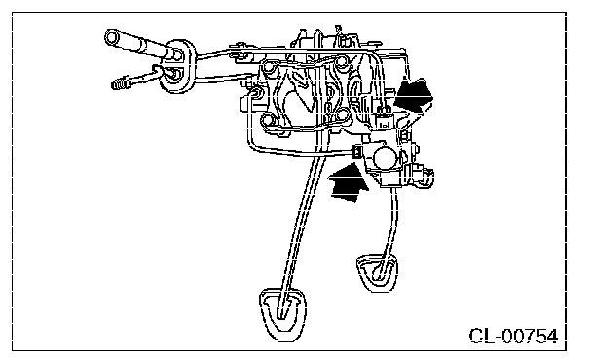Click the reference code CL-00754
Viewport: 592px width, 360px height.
pyautogui.click(x=513, y=336)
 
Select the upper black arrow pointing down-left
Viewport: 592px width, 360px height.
pyautogui.click(x=413, y=97)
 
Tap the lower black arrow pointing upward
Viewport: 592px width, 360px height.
pyautogui.click(x=348, y=182)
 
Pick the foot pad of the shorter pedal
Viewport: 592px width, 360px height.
pyautogui.click(x=377, y=272)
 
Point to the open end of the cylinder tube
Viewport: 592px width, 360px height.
pyautogui.click(x=112, y=38)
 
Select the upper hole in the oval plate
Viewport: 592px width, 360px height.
pyautogui.click(x=176, y=54)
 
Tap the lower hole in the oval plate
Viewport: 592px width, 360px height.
pyautogui.click(x=174, y=73)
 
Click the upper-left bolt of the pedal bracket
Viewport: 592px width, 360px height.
pyautogui.click(x=269, y=67)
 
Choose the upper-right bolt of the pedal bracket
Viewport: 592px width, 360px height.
pyautogui.click(x=342, y=61)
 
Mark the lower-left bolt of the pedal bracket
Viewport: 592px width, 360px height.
pyautogui.click(x=267, y=121)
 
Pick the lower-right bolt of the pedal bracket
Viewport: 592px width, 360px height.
pyautogui.click(x=342, y=114)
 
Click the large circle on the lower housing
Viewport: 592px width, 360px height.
pyautogui.click(x=386, y=157)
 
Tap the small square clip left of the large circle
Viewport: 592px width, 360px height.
pyautogui.click(x=356, y=152)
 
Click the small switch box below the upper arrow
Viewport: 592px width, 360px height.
pyautogui.click(x=384, y=122)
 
